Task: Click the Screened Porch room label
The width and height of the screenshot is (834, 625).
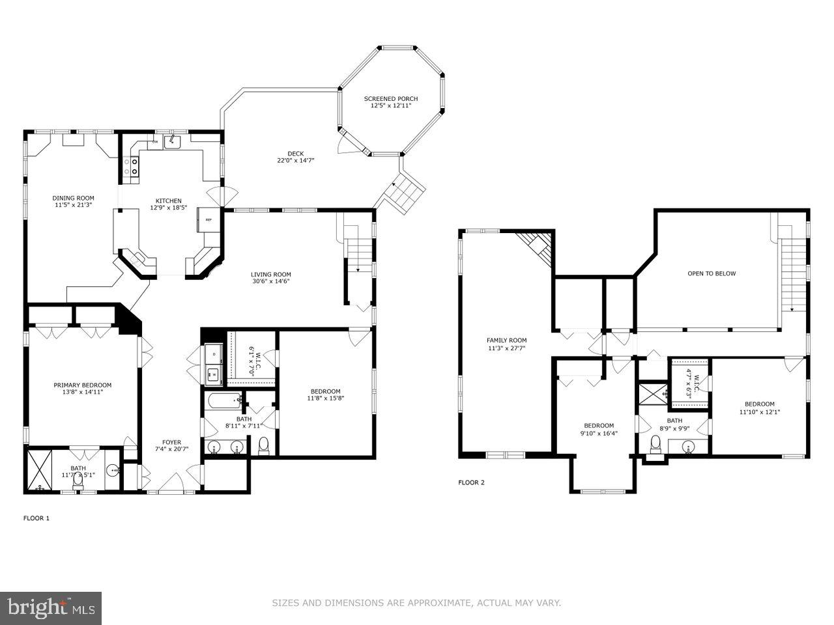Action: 390,99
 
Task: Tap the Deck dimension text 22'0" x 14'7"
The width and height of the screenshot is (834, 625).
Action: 296,160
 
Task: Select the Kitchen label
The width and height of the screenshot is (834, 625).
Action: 168,201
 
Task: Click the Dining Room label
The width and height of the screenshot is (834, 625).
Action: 73,198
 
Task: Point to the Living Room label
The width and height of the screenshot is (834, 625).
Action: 271,274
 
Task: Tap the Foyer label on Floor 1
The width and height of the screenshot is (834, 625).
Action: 171,442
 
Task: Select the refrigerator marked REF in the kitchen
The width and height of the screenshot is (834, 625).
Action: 208,220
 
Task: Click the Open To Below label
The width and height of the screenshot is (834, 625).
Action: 712,273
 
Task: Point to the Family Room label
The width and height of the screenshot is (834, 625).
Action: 506,340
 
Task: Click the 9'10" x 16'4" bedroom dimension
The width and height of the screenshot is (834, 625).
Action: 598,433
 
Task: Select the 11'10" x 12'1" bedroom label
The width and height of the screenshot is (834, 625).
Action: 760,404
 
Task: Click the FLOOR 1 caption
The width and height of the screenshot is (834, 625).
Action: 36,518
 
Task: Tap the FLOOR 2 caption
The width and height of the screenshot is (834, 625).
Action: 471,482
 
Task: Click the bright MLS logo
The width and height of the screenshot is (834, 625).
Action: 50,608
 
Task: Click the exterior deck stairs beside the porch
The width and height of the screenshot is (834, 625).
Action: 403,193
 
